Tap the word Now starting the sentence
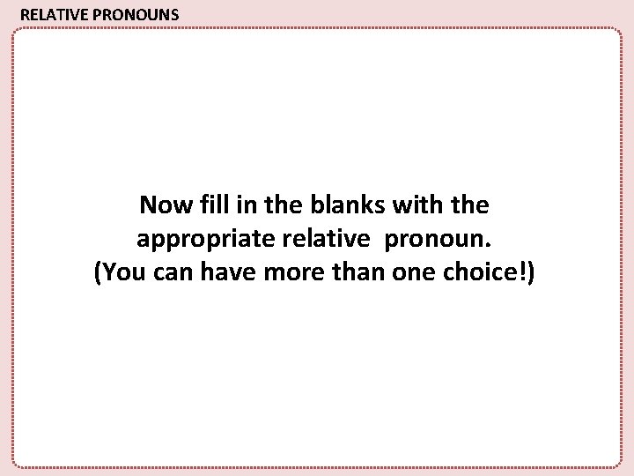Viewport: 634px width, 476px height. pos(161,206)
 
